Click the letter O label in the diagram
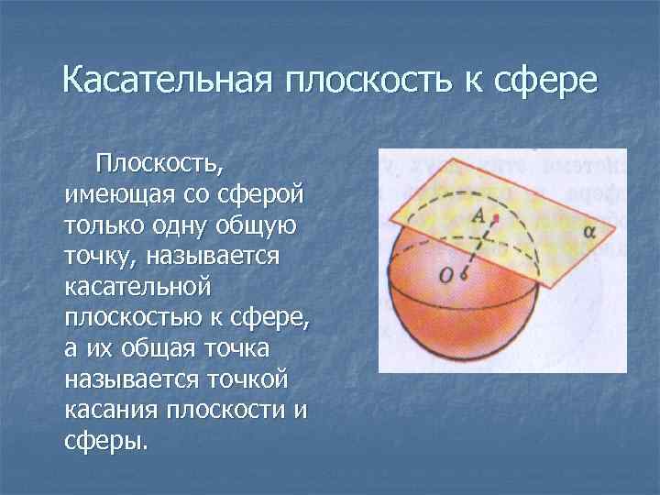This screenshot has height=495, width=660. coord(446,272)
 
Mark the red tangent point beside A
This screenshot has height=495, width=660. coord(496,218)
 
